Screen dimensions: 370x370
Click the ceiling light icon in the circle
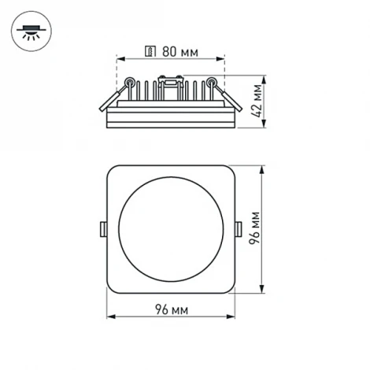point(31,31)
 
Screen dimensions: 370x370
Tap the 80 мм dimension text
point(179,51)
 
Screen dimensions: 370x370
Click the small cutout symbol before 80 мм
point(150,51)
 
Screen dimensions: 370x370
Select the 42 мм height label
point(256,101)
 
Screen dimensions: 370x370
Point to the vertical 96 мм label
point(256,229)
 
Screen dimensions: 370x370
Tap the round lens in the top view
point(172,229)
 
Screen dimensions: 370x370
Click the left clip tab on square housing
point(103,229)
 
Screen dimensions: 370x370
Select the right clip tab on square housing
point(239,229)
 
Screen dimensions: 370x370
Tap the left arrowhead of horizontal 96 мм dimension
point(109,318)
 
